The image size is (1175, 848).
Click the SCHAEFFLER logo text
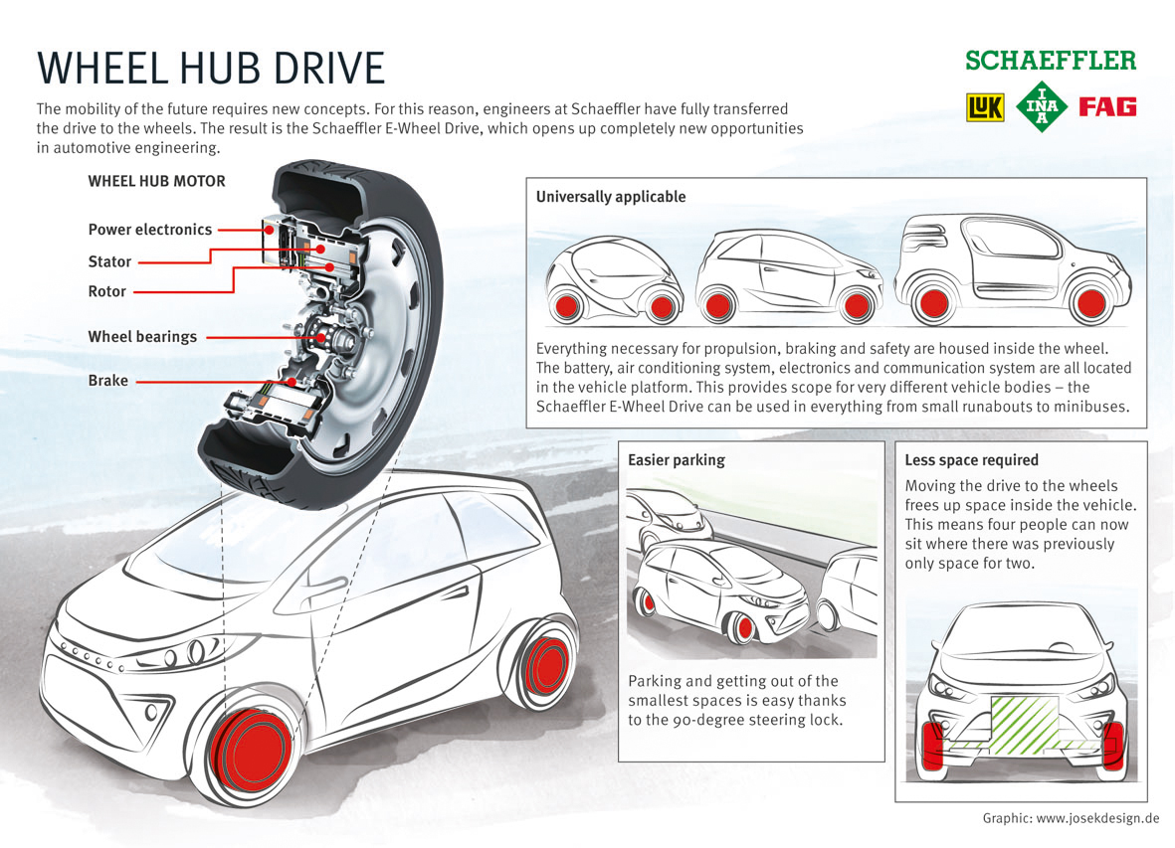(x=1050, y=62)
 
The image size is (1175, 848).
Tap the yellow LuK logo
(x=985, y=107)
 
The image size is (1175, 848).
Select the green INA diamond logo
(x=1043, y=107)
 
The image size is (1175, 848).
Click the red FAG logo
(x=1107, y=107)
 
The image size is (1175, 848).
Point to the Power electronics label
(x=150, y=230)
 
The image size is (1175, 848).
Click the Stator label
(x=109, y=261)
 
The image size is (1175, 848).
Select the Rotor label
(x=107, y=291)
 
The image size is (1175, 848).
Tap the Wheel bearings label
(x=142, y=337)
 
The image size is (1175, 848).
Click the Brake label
(x=107, y=381)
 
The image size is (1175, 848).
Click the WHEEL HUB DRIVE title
(x=210, y=69)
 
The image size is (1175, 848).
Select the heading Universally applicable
(x=610, y=197)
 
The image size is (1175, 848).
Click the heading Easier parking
(x=677, y=460)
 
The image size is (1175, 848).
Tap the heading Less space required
(x=971, y=460)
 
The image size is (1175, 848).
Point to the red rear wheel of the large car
(x=544, y=665)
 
